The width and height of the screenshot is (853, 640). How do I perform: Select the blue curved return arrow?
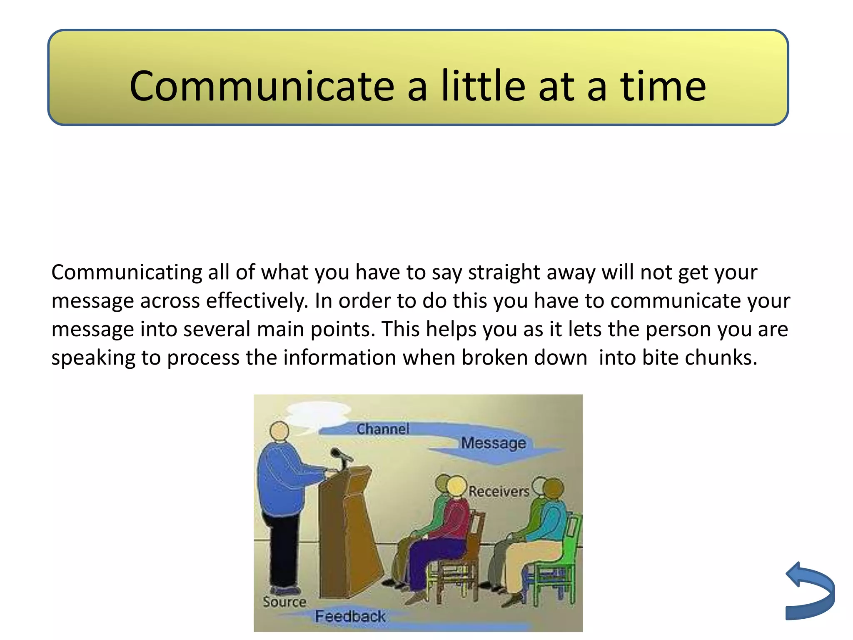coord(811,592)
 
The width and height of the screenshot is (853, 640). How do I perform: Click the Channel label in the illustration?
coord(383,429)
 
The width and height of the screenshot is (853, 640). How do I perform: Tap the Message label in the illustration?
coord(493,442)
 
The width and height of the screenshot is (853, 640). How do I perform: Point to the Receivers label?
coord(499,491)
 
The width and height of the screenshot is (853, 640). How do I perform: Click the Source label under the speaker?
coord(284,602)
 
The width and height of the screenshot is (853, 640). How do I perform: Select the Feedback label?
coord(350,616)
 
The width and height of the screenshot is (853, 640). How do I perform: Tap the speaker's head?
coord(279,431)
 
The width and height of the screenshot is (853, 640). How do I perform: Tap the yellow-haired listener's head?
coord(456,486)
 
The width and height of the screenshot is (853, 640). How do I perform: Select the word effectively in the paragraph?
coord(257,301)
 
